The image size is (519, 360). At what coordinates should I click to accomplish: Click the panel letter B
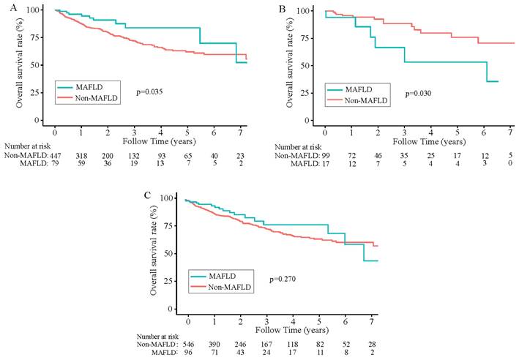(280, 7)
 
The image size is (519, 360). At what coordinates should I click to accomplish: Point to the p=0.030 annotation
(417, 93)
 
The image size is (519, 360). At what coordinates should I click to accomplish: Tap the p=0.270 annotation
(283, 280)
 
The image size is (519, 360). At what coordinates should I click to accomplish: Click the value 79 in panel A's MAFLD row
(56, 164)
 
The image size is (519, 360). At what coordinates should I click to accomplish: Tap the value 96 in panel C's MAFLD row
(188, 352)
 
